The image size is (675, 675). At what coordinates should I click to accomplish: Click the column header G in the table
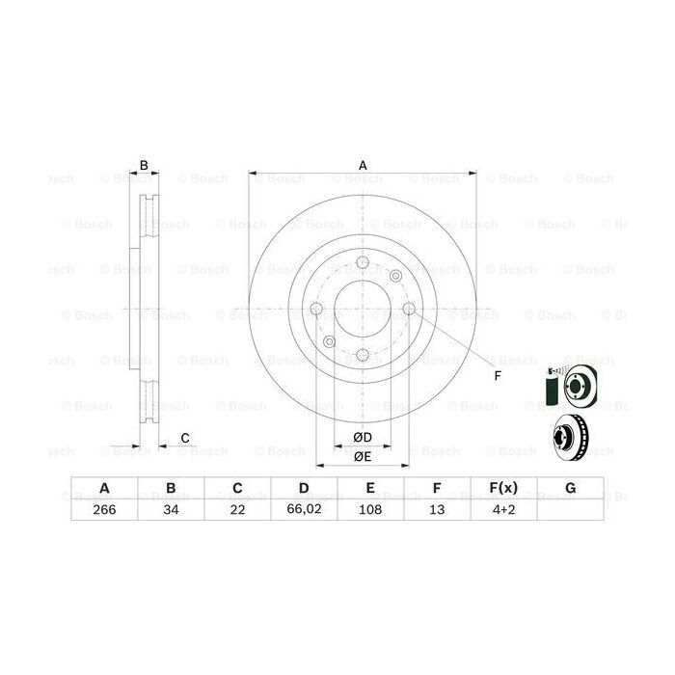[x=571, y=489]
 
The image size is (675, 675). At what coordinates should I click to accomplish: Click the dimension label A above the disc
[x=364, y=165]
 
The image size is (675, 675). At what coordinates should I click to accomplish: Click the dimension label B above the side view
[x=144, y=165]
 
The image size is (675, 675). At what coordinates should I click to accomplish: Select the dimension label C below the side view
[x=184, y=440]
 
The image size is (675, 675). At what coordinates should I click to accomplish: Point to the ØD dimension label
[x=363, y=436]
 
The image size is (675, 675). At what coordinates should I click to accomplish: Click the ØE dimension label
[x=363, y=456]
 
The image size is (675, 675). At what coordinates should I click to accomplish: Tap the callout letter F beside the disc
[x=498, y=375]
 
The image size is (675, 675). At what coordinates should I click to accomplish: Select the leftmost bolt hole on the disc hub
[x=316, y=310]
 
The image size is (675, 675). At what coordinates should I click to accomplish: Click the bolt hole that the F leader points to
[x=408, y=310]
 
